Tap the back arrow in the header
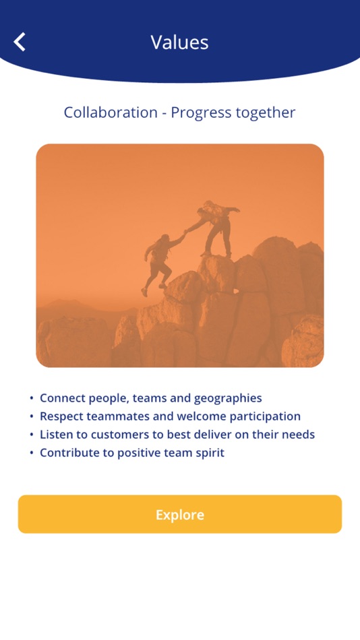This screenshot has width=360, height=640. [20, 42]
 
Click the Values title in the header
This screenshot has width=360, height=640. [179, 42]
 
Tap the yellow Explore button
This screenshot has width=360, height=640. [180, 515]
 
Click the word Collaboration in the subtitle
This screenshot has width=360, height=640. [111, 113]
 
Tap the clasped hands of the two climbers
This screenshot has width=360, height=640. [185, 232]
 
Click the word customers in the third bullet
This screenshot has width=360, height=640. [119, 435]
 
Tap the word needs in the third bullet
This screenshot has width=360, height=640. [299, 435]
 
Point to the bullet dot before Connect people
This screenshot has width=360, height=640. [32, 399]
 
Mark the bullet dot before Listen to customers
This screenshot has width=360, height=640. [32, 435]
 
